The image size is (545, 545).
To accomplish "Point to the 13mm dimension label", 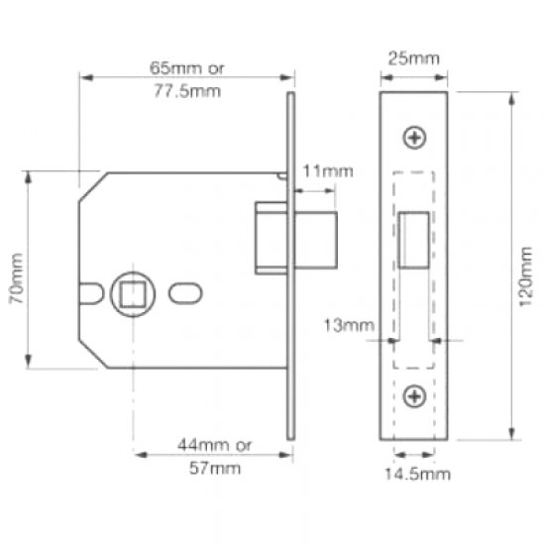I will pyautogui.click(x=347, y=324).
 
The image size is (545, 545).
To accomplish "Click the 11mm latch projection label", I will pyautogui.click(x=327, y=172).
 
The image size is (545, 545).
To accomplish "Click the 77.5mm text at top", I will pyautogui.click(x=186, y=90).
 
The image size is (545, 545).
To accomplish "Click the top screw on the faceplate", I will pyautogui.click(x=415, y=138).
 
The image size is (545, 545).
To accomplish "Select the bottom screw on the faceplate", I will pyautogui.click(x=415, y=396).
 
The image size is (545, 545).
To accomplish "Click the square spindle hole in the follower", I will pyautogui.click(x=133, y=293).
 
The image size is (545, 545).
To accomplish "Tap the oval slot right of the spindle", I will pyautogui.click(x=184, y=293).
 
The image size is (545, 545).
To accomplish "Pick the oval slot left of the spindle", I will pyautogui.click(x=91, y=294).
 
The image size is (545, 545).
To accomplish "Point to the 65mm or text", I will pyautogui.click(x=186, y=69).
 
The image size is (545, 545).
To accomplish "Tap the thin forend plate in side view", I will pyautogui.click(x=290, y=268).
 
